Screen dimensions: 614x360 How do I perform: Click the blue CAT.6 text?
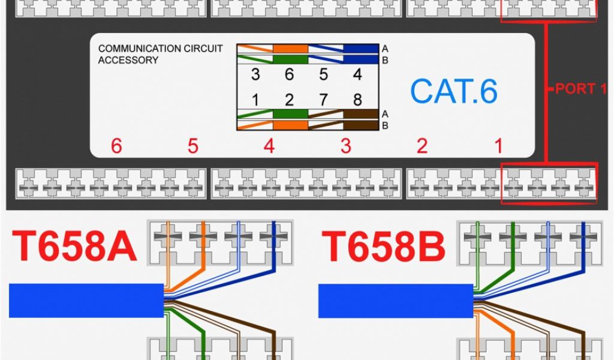pyautogui.click(x=453, y=91)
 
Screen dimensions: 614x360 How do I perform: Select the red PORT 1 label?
pyautogui.click(x=580, y=89)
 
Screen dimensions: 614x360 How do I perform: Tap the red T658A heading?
pyautogui.click(x=74, y=247)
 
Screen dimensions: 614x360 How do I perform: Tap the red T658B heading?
pyautogui.click(x=384, y=247)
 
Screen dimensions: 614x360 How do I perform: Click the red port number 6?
pyautogui.click(x=116, y=146)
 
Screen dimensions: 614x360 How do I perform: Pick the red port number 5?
pyautogui.click(x=192, y=146)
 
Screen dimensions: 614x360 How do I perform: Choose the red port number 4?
pyautogui.click(x=269, y=146)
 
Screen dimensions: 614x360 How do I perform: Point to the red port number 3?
pyautogui.click(x=345, y=146)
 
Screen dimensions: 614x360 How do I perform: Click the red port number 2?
pyautogui.click(x=422, y=146)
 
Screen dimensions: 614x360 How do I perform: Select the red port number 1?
pyautogui.click(x=498, y=146)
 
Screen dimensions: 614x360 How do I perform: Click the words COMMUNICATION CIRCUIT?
pyautogui.click(x=160, y=49)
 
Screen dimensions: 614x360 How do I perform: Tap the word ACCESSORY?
pyautogui.click(x=128, y=60)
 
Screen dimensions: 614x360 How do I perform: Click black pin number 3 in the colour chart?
pyautogui.click(x=255, y=75)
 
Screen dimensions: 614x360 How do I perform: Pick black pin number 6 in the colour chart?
pyautogui.click(x=289, y=75)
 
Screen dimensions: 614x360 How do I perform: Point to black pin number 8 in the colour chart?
pyautogui.click(x=358, y=98)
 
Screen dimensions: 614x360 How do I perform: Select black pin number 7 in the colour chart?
pyautogui.click(x=324, y=98)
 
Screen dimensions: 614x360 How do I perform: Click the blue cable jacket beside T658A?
pyautogui.click(x=86, y=301)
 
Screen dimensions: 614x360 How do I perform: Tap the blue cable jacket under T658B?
pyautogui.click(x=395, y=301)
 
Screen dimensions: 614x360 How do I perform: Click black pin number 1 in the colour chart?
pyautogui.click(x=255, y=98)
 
